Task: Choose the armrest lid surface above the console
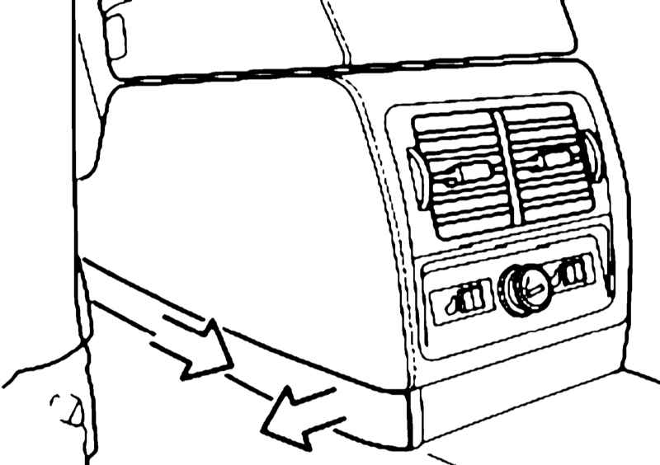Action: (231, 37)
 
